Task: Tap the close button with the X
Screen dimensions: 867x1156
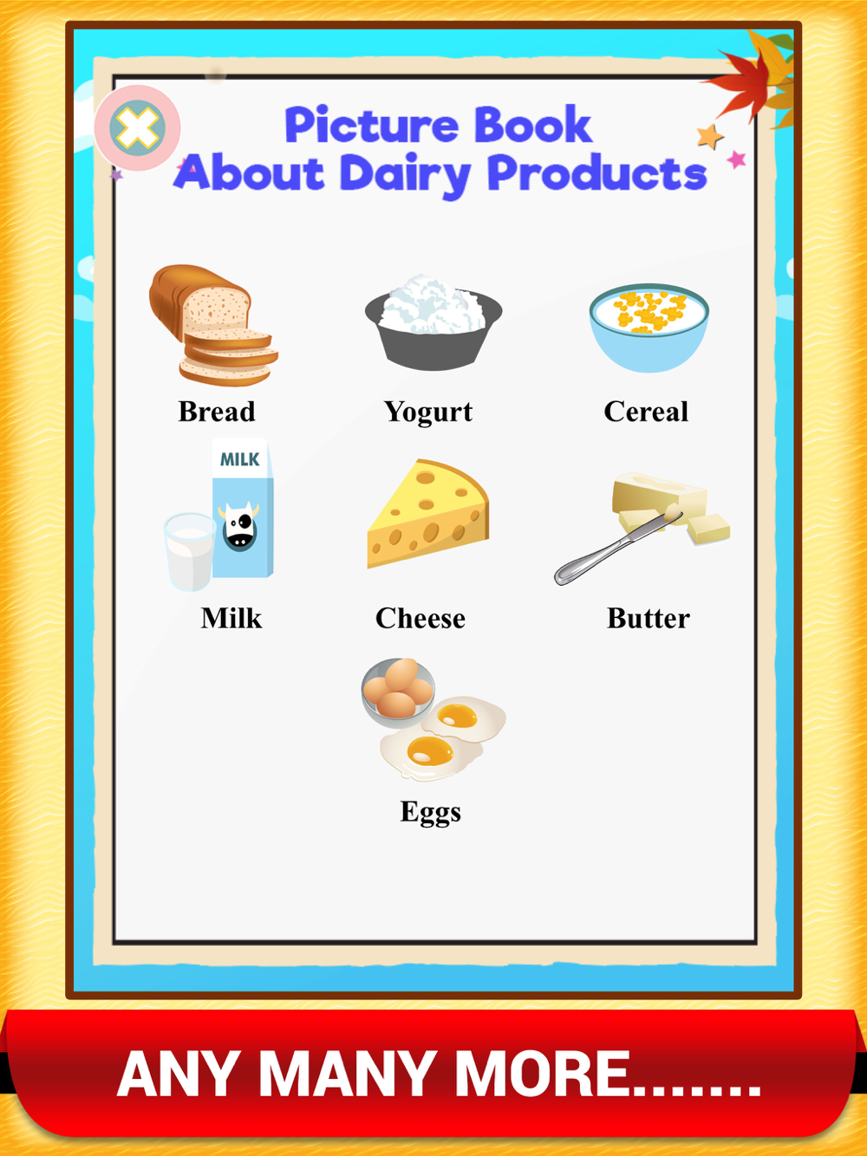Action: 138,128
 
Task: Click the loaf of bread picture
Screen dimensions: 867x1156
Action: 213,325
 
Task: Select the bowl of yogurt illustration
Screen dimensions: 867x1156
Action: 433,321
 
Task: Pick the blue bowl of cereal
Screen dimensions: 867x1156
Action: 649,328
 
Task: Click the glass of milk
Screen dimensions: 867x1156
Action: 189,551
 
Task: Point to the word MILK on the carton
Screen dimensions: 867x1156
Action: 240,459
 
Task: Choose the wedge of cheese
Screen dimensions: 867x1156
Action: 427,514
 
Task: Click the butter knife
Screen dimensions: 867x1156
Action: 617,547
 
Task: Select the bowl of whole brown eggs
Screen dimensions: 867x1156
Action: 398,688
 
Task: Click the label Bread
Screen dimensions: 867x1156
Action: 217,412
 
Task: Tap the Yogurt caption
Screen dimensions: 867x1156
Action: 427,412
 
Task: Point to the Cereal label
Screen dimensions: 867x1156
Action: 646,412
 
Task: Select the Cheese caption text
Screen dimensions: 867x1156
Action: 420,618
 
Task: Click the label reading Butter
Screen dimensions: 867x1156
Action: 649,618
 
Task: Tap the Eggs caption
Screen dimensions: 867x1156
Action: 430,812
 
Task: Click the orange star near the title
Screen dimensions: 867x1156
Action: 710,136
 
